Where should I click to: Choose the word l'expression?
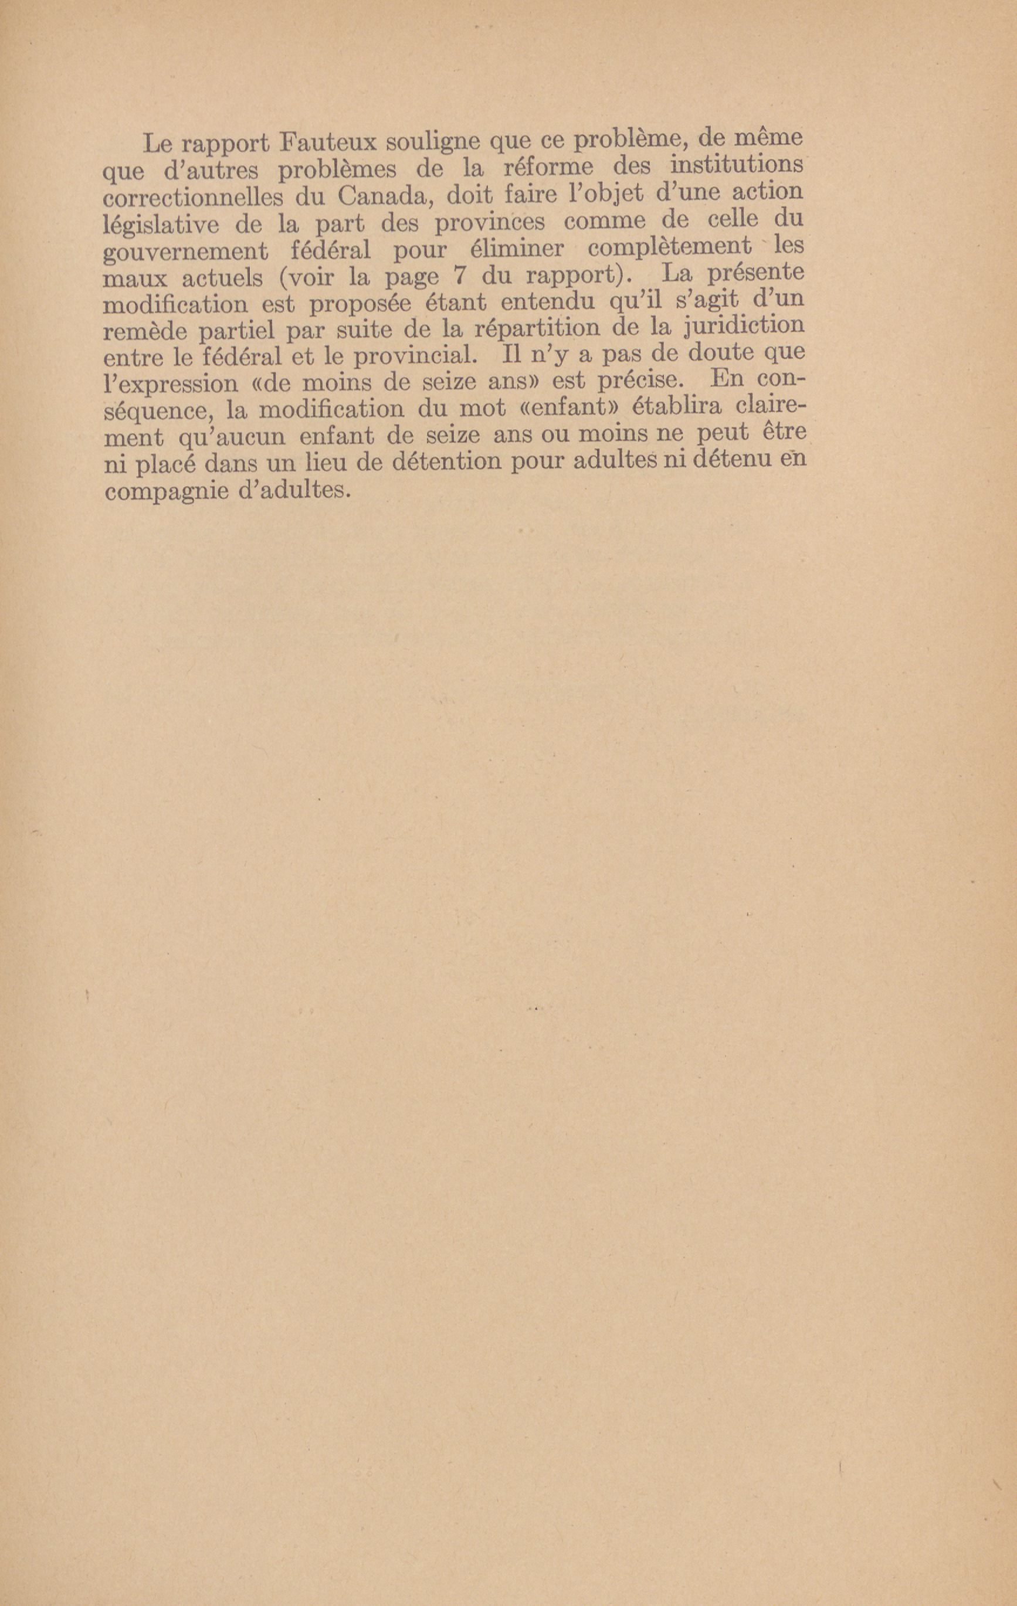tap(171, 385)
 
